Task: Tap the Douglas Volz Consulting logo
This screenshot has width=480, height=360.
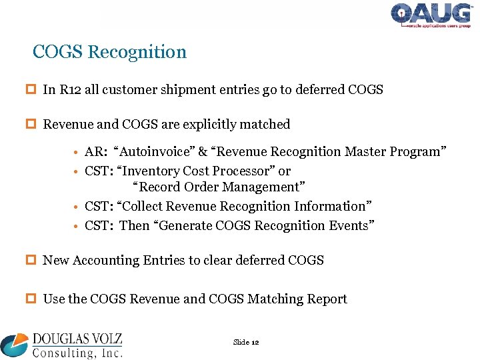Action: pos(61,345)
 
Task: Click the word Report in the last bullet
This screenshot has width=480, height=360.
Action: pos(326,299)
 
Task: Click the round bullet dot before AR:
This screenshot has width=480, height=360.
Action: pos(78,153)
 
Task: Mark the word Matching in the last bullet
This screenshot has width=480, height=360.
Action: pos(274,299)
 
